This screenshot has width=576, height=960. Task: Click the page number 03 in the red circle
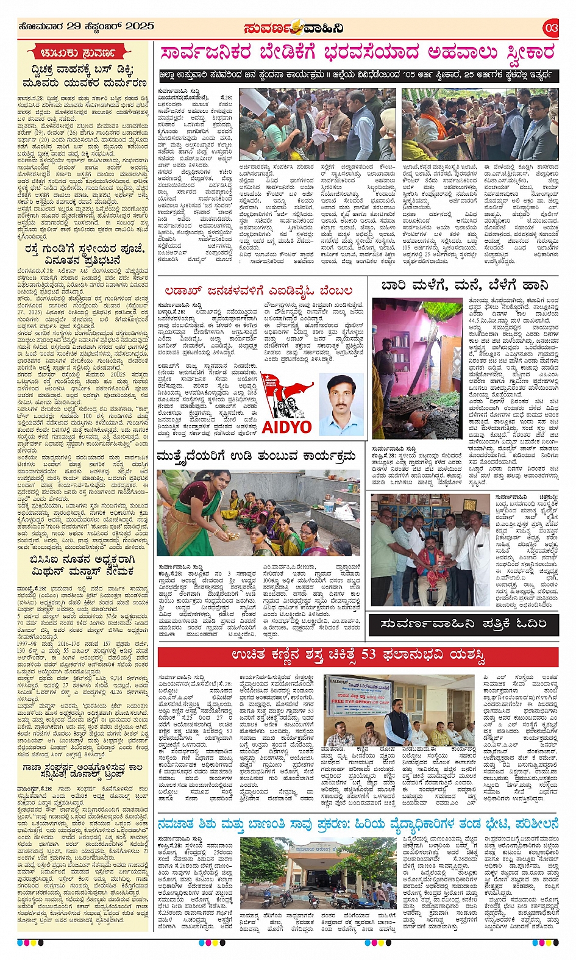coord(551,27)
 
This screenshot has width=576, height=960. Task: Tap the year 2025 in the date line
coord(140,26)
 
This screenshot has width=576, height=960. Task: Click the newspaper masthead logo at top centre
coord(293,28)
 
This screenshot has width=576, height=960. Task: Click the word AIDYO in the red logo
coord(286,426)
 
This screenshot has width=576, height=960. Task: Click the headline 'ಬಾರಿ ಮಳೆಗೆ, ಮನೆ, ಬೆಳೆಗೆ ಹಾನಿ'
coord(464,285)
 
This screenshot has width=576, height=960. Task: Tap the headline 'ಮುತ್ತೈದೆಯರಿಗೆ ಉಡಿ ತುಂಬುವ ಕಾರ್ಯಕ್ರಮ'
coord(256,456)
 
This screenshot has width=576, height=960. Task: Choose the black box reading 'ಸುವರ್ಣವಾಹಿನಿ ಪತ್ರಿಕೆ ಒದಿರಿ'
coord(463,624)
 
